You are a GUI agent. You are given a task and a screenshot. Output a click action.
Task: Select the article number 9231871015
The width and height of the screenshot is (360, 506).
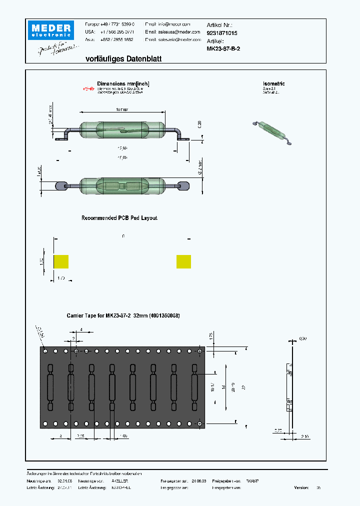pos(222,33)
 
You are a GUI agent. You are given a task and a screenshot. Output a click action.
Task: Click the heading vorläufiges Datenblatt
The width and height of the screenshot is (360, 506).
pos(123,59)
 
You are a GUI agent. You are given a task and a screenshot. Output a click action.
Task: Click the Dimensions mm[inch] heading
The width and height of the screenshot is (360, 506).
pos(123,84)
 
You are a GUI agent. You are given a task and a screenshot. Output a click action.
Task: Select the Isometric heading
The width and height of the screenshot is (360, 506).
pos(273,84)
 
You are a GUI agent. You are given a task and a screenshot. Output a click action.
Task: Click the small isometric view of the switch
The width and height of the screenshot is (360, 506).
pos(273,131)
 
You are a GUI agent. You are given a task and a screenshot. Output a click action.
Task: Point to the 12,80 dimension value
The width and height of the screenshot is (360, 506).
pos(122,148)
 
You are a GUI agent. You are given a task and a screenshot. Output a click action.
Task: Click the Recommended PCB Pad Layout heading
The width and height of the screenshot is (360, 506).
pos(119,218)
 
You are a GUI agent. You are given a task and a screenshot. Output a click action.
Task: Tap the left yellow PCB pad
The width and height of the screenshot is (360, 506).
pos(61,261)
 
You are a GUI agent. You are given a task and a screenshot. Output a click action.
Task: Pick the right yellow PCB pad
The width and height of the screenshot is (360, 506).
pos(183,261)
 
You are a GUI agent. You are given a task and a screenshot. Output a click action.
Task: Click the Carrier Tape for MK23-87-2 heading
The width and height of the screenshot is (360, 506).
pos(123,316)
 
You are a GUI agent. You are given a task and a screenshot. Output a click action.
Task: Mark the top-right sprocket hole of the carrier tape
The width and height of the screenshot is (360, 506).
pos(200,351)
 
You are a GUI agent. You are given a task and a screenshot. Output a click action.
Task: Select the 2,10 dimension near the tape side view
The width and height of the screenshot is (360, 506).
pos(304,436)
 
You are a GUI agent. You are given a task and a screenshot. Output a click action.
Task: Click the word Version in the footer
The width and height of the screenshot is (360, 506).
pos(301,487)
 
